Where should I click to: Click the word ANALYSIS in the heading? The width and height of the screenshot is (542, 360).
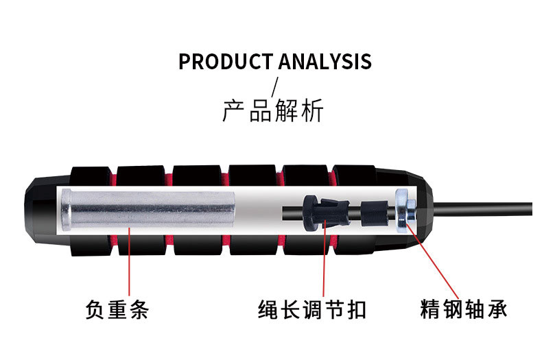(x=325, y=62)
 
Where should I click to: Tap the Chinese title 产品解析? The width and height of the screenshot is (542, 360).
(x=272, y=111)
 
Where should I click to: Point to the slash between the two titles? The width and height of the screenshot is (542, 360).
(x=276, y=86)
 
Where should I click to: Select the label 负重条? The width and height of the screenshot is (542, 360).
(x=117, y=310)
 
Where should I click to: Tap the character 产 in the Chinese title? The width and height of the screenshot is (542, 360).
(x=234, y=111)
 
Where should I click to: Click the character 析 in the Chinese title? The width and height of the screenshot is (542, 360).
(x=311, y=111)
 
